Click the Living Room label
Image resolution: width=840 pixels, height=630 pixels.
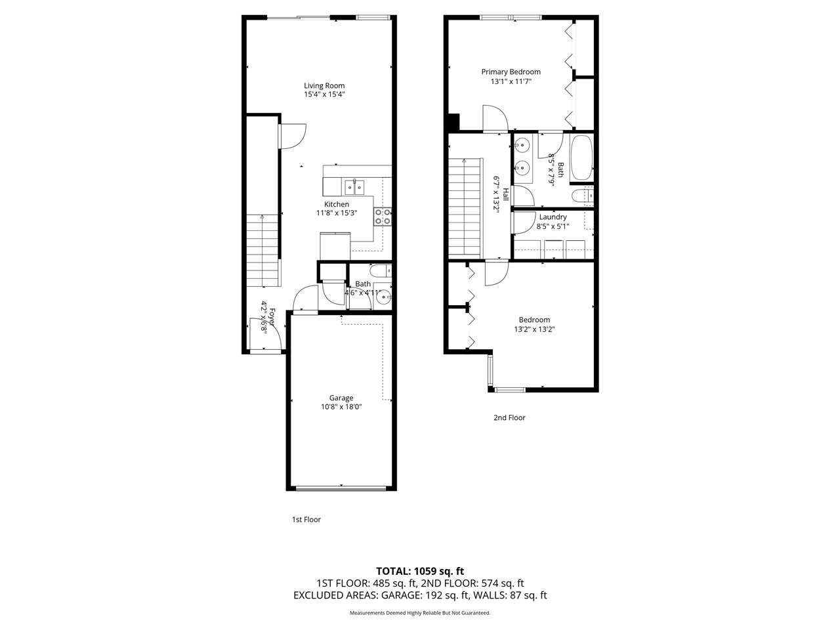pyautogui.click(x=324, y=85)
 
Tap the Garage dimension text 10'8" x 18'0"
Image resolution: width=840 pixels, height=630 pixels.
pyautogui.click(x=341, y=407)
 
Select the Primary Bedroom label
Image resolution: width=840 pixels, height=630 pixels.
pyautogui.click(x=511, y=72)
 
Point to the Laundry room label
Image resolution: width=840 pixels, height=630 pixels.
pyautogui.click(x=553, y=217)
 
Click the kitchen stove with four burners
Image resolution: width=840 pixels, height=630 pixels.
pyautogui.click(x=383, y=217)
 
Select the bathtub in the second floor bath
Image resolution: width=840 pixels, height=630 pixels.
pyautogui.click(x=581, y=157)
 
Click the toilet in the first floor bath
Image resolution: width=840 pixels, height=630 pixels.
pyautogui.click(x=380, y=270)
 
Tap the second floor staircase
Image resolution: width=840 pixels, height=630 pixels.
pyautogui.click(x=465, y=209)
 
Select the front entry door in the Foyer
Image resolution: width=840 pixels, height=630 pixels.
pyautogui.click(x=266, y=335)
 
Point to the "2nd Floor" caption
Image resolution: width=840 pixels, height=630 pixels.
pyautogui.click(x=509, y=417)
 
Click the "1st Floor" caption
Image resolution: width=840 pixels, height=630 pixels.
pyautogui.click(x=306, y=520)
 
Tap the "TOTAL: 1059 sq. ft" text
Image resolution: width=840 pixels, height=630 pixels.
pyautogui.click(x=419, y=571)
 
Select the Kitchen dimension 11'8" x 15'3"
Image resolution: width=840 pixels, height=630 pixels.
pyautogui.click(x=336, y=213)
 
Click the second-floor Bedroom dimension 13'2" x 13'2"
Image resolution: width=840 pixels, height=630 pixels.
pyautogui.click(x=534, y=329)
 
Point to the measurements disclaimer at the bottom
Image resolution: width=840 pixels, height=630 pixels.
pyautogui.click(x=419, y=613)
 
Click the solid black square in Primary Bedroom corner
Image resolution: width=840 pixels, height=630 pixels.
pyautogui.click(x=452, y=123)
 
